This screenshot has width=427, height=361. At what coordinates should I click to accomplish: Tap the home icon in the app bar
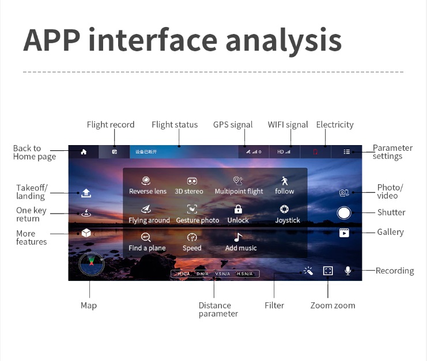(x=84, y=152)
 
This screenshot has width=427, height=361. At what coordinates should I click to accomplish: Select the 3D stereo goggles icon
(x=192, y=181)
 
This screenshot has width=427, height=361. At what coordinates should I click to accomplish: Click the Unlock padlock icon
(x=238, y=210)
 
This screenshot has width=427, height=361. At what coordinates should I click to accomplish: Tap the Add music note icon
(x=238, y=237)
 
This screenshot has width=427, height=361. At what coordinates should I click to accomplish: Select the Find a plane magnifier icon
(x=146, y=237)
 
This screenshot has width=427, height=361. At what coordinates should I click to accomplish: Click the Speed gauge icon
(x=192, y=237)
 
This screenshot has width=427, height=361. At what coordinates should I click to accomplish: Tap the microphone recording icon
(x=347, y=271)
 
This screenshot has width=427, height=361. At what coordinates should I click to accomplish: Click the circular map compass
(x=92, y=264)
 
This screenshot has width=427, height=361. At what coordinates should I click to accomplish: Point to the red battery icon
(x=315, y=152)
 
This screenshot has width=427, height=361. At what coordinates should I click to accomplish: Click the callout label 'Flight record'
(x=111, y=125)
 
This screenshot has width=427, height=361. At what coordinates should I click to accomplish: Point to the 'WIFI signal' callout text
(x=288, y=125)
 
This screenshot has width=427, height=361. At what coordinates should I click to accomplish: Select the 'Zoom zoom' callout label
(x=332, y=306)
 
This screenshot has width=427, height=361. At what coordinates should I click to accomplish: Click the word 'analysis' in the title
(x=283, y=40)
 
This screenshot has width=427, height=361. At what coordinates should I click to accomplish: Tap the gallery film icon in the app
(x=344, y=233)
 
